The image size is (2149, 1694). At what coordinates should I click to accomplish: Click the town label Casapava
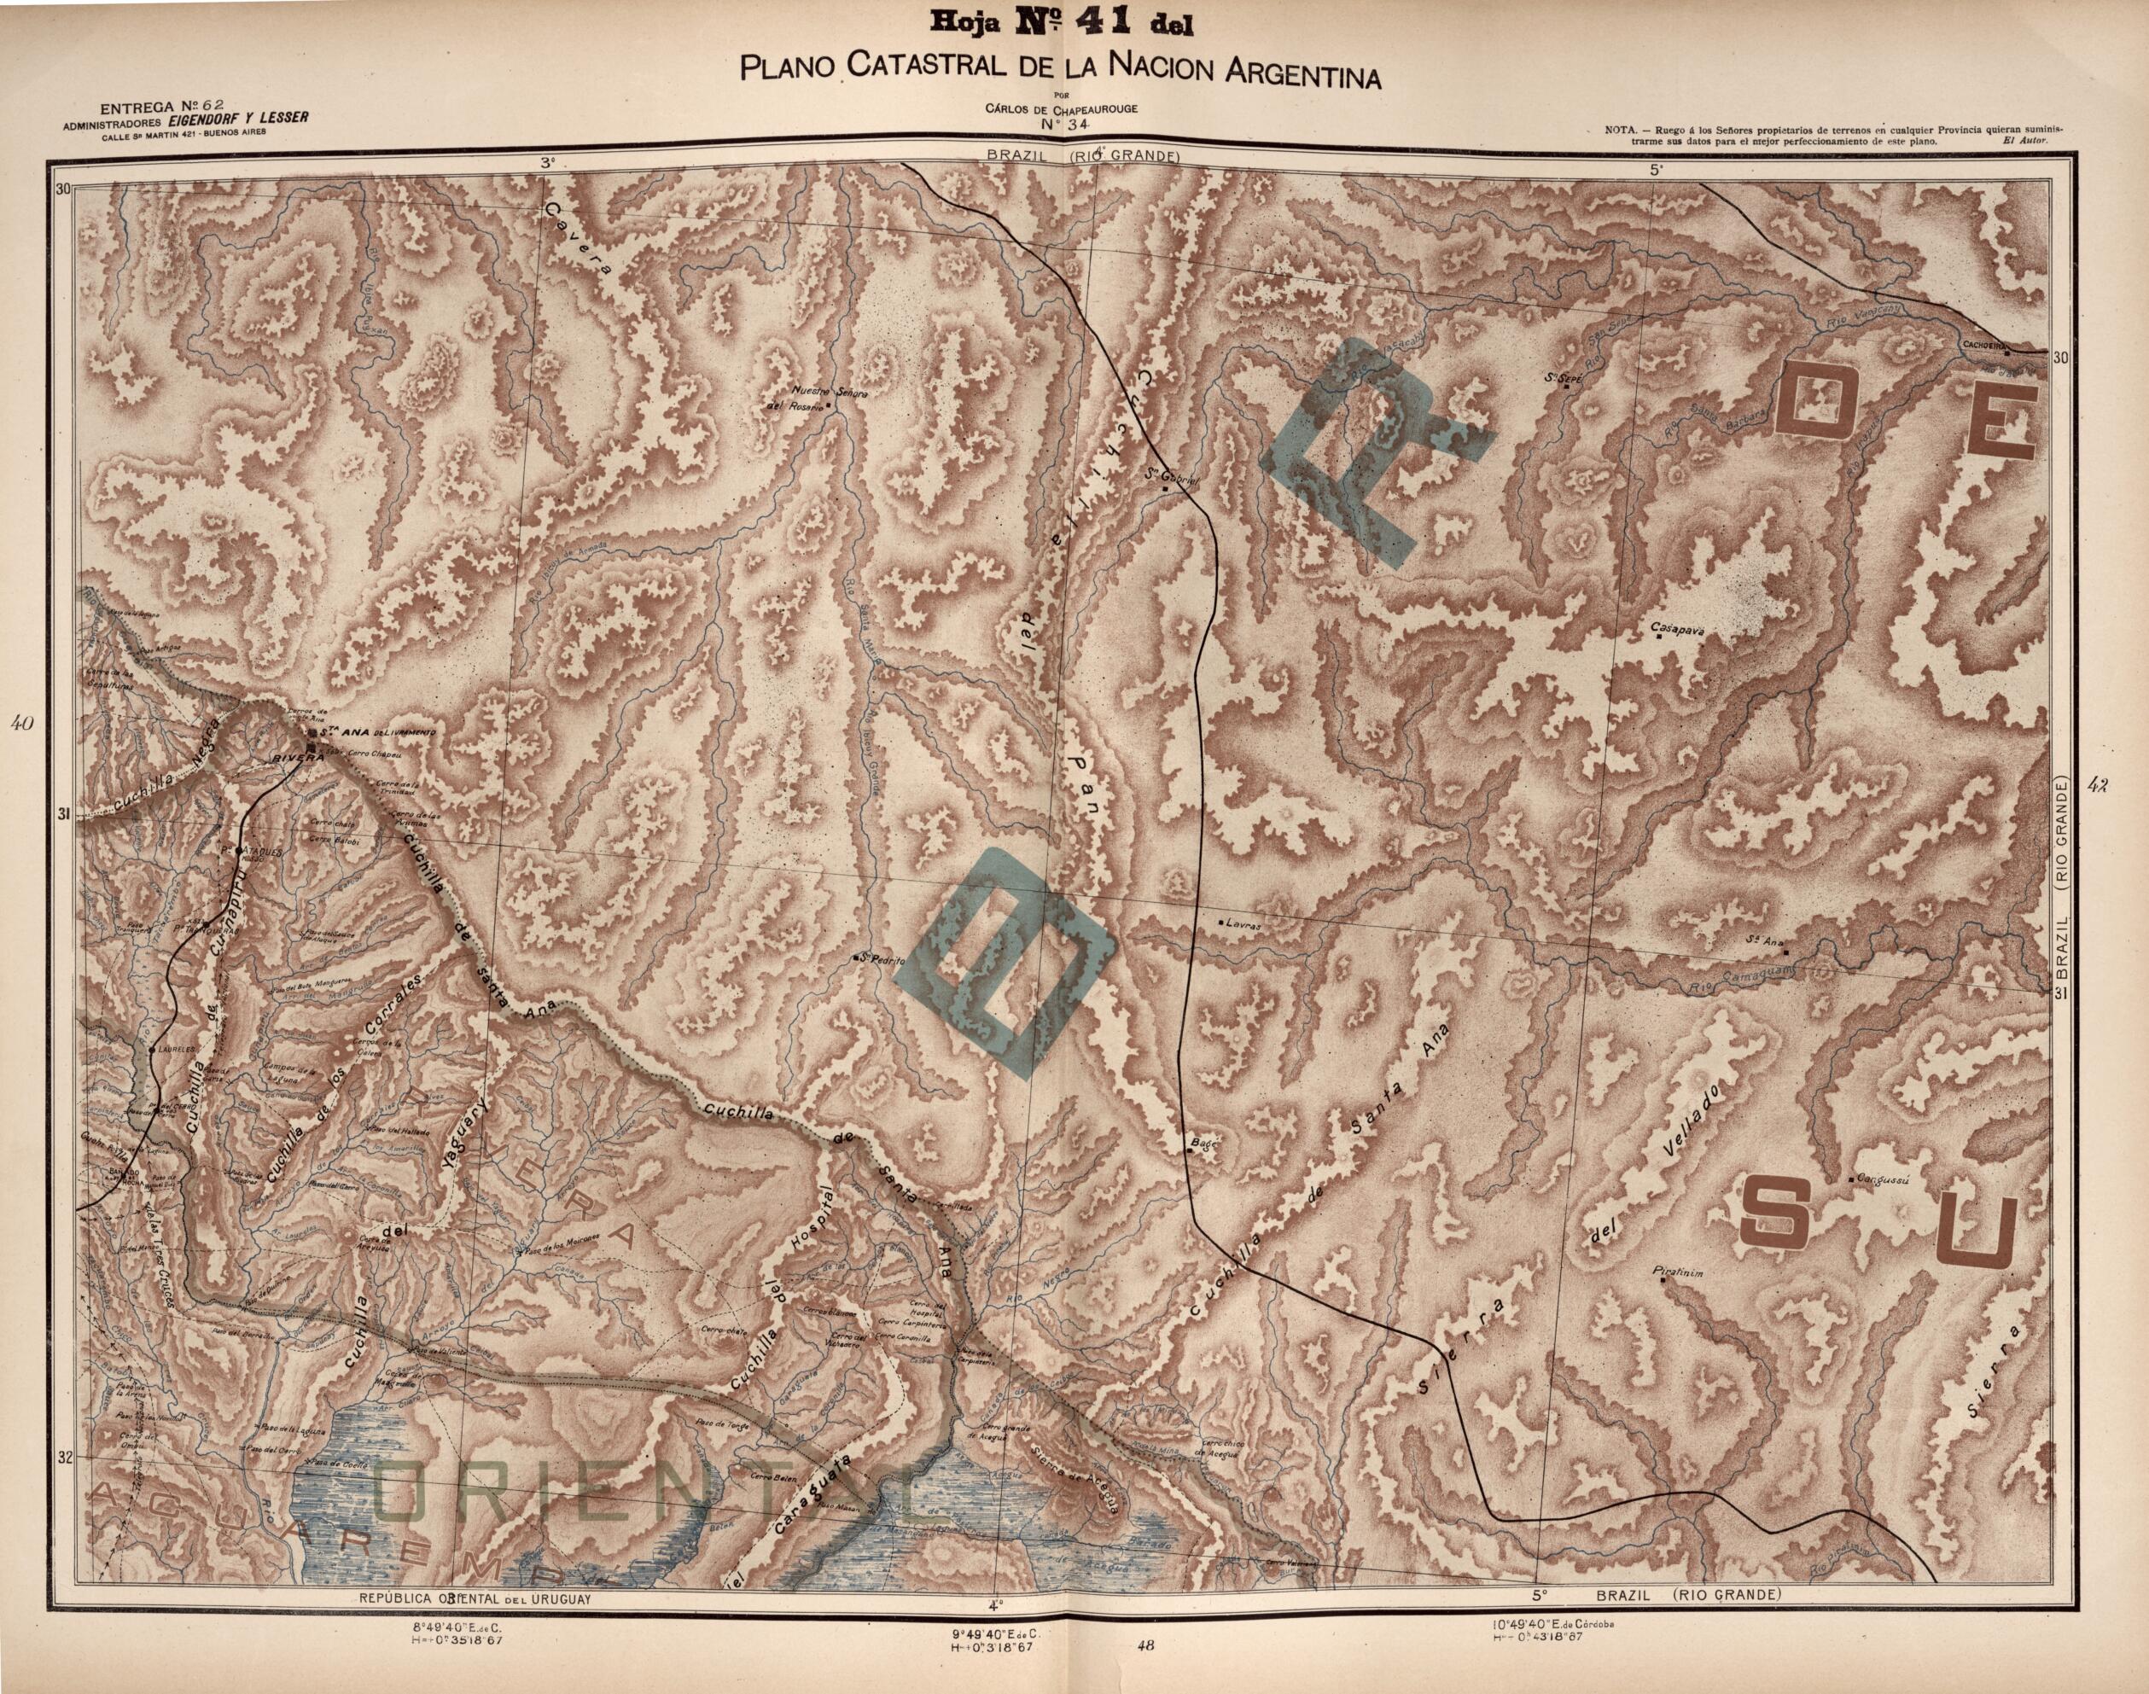coord(1675,626)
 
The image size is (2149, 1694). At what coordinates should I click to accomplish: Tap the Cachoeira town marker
coord(2006,353)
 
